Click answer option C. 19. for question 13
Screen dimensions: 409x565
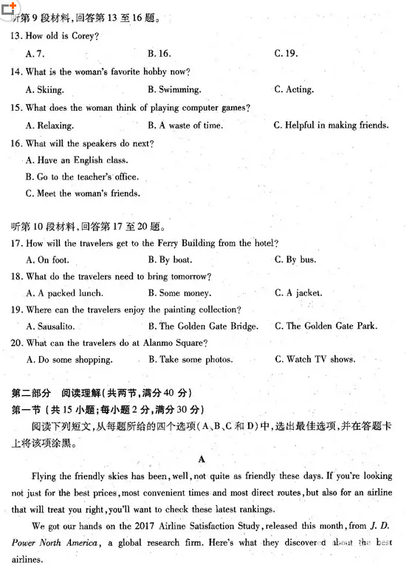[x=285, y=53]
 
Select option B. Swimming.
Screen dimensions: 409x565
[x=174, y=89]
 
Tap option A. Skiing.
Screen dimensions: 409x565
[x=44, y=89]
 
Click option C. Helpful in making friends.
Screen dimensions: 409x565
[x=331, y=126]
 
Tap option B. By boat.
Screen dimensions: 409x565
[x=170, y=259]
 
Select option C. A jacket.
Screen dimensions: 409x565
[x=298, y=293]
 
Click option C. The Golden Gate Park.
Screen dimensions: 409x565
[x=326, y=326]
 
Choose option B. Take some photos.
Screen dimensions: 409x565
[x=190, y=360]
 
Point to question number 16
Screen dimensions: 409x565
[x=16, y=143]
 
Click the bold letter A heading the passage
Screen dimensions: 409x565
[x=201, y=459]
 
